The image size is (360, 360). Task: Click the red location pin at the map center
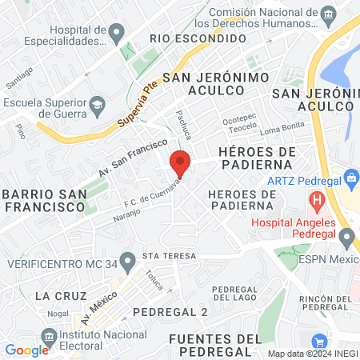pos(180,163)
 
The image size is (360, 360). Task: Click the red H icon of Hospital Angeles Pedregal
pos(318,200)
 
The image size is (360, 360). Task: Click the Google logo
pos(26,350)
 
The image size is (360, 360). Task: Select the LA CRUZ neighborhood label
pos(61,295)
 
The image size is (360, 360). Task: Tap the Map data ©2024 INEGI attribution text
pos(310,353)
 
